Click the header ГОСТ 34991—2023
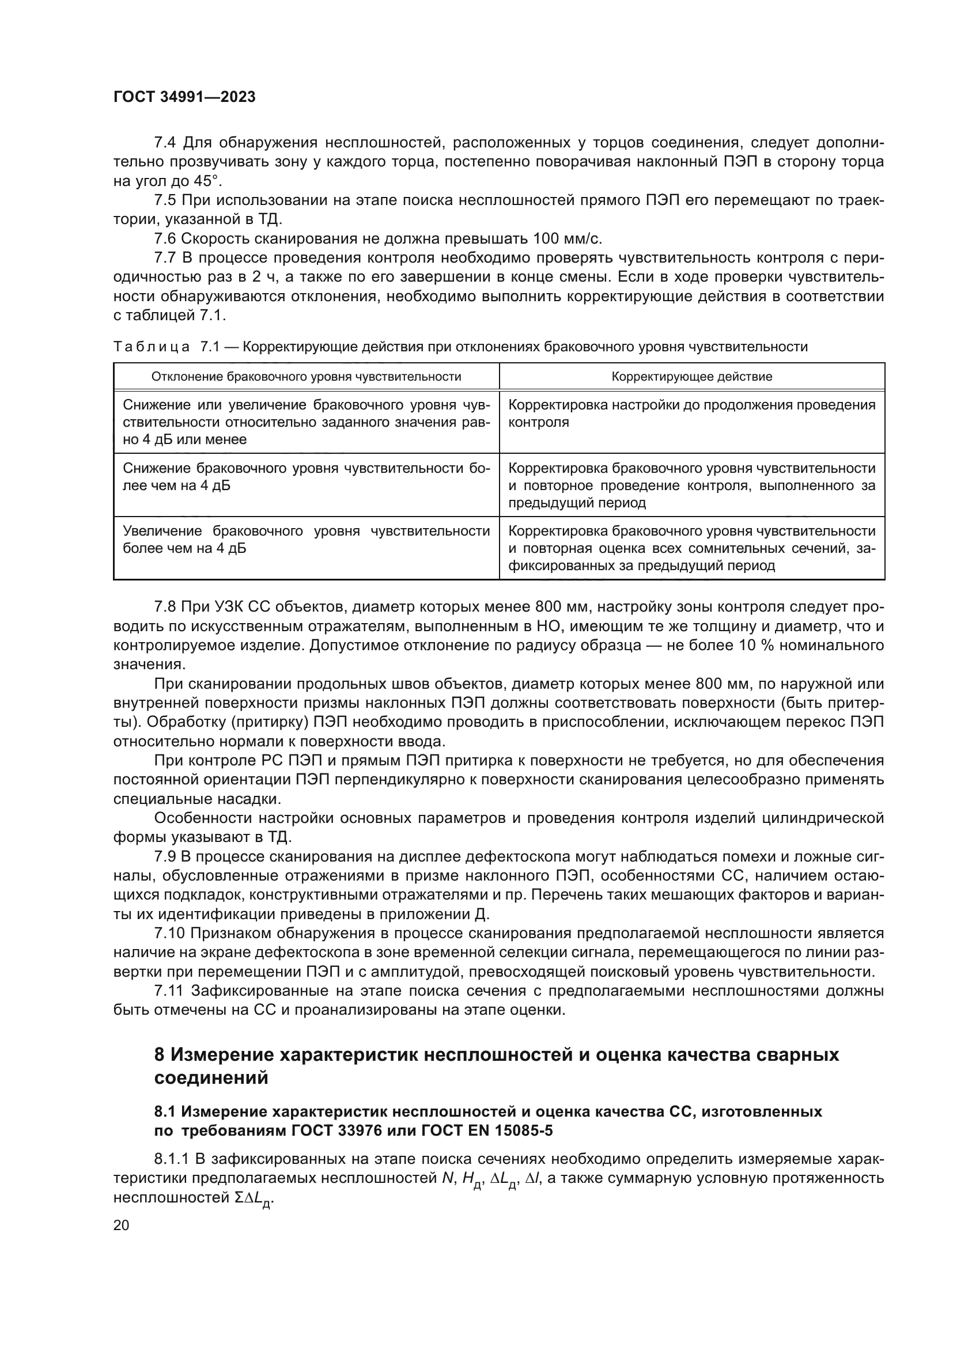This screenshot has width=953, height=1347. (x=184, y=97)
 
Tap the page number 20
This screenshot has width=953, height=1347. (x=121, y=1225)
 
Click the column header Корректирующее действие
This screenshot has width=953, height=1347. (x=691, y=377)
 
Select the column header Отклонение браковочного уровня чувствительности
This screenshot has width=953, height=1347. (x=306, y=377)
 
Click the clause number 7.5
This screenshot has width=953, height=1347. (x=165, y=200)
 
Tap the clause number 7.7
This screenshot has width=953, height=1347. (x=165, y=258)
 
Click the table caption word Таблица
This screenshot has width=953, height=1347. (x=152, y=347)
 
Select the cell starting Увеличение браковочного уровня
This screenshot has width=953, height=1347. (x=306, y=540)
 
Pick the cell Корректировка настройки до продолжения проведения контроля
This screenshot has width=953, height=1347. (x=691, y=413)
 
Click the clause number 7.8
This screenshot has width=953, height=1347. (x=165, y=606)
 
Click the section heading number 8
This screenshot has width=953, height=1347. (x=160, y=1055)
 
